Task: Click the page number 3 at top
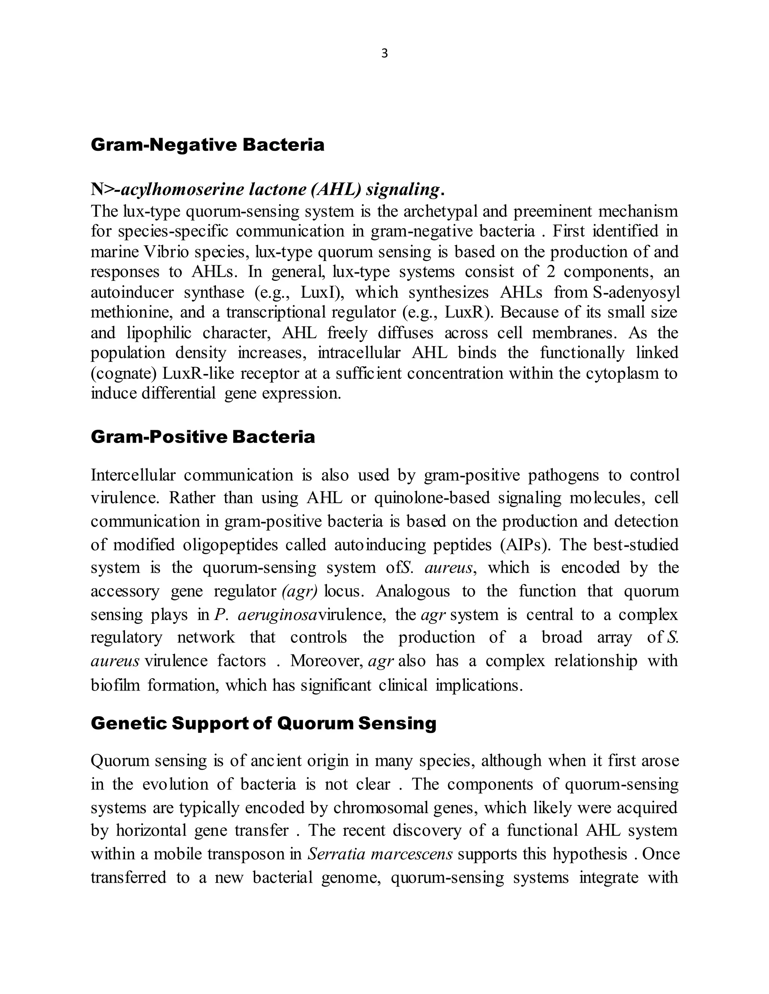(384, 54)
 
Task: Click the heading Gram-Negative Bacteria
(207, 145)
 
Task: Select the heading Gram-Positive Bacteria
(203, 437)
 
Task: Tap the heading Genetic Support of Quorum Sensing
(263, 723)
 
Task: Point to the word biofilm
(115, 685)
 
